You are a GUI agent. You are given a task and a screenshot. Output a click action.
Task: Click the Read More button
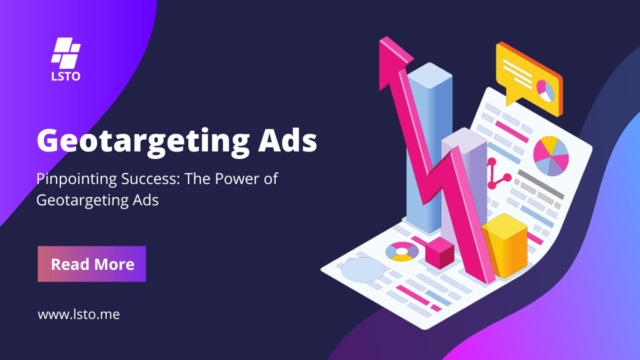point(92,264)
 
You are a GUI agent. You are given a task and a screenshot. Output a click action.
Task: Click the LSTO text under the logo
point(66,77)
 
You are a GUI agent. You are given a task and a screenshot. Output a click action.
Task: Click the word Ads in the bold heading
point(287,140)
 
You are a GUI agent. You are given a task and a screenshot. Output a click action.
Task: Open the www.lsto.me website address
point(78,315)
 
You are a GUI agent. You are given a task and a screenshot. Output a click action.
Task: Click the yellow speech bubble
point(529,78)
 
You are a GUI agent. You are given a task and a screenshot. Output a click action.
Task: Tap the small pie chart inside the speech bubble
point(545,91)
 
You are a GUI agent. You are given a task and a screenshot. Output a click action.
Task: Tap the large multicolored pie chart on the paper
point(551,156)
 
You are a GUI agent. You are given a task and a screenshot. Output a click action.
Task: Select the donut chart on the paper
point(402,252)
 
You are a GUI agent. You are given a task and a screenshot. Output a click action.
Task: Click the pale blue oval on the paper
point(363,270)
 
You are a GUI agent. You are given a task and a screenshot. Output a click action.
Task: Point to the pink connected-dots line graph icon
point(497,175)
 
